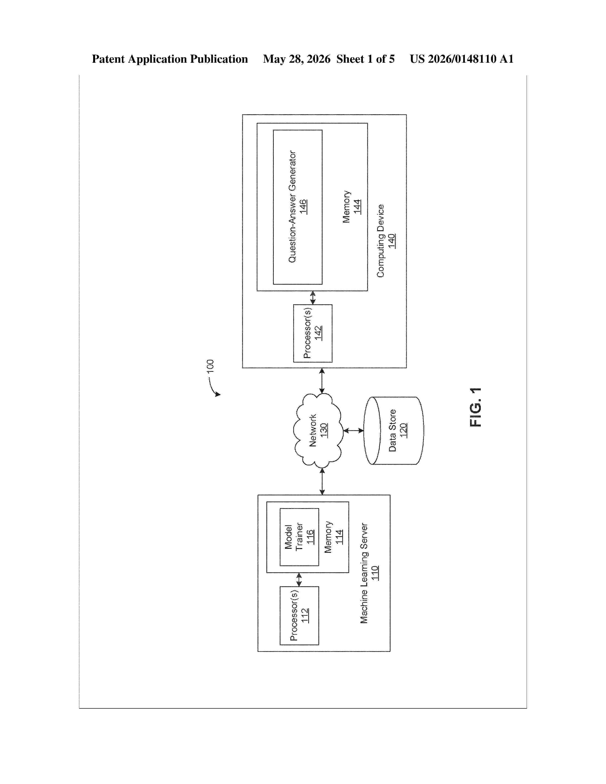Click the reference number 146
click(x=303, y=207)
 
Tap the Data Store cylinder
click(x=394, y=430)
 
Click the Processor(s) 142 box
click(x=313, y=333)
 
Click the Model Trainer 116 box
click(x=299, y=537)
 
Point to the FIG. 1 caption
click(x=475, y=407)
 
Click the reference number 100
click(x=210, y=366)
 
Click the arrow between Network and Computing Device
click(x=322, y=381)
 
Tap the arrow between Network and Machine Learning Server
click(x=322, y=481)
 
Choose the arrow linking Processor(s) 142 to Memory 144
click(x=313, y=298)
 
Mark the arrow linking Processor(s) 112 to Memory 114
click(x=299, y=580)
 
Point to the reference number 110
click(x=375, y=573)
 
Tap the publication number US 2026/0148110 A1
click(x=462, y=59)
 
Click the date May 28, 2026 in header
click(x=297, y=59)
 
